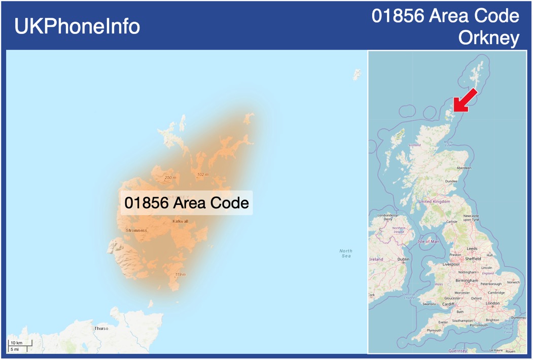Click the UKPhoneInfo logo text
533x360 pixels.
click(77, 26)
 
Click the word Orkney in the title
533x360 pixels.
click(488, 38)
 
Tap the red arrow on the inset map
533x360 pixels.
click(465, 100)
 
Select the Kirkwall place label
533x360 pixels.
click(180, 221)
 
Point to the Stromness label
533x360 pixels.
click(136, 230)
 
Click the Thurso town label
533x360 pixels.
click(101, 328)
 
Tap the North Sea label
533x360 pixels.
click(346, 253)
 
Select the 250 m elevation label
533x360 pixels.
click(170, 177)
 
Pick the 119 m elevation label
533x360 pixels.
click(180, 274)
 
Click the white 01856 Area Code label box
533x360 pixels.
click(187, 203)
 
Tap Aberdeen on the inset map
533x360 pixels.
click(464, 168)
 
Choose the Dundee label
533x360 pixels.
click(451, 181)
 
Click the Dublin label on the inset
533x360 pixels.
click(403, 259)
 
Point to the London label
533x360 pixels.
click(492, 303)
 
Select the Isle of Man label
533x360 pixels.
click(428, 241)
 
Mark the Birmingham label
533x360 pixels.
click(467, 280)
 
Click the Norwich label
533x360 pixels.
click(513, 282)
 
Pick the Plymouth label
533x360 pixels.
click(434, 330)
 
